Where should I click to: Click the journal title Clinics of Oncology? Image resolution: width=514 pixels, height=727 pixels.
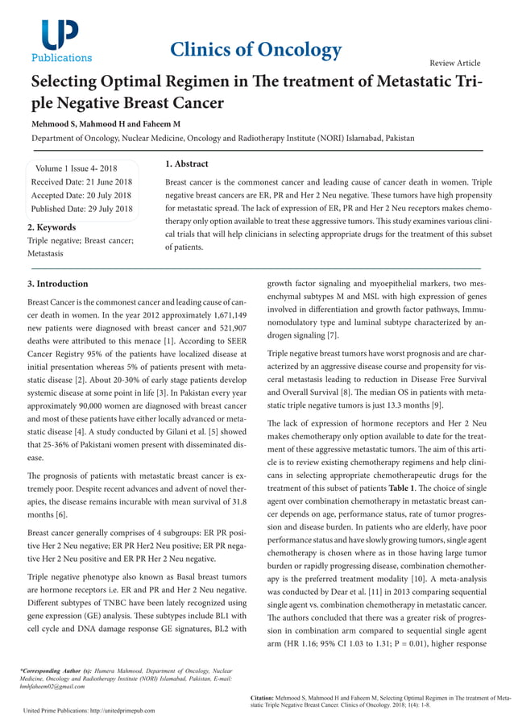tap(256, 50)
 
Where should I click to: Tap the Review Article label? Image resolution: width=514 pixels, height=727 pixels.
tap(455, 63)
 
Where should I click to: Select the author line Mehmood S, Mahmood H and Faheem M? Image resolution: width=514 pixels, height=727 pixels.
tap(106, 124)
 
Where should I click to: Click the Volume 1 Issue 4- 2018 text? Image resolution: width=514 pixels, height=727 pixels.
tap(77, 168)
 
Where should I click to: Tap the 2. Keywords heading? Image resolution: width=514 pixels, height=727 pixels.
tap(52, 227)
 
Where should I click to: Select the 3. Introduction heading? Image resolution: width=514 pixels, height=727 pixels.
tap(58, 284)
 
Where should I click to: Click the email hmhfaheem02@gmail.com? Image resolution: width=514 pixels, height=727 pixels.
tap(52, 686)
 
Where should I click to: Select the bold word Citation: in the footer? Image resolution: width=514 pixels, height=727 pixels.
tap(262, 697)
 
